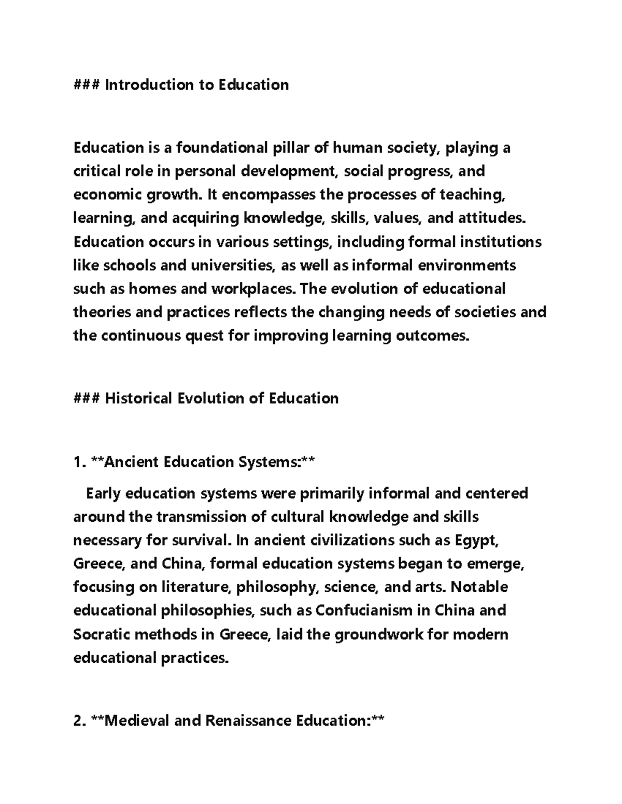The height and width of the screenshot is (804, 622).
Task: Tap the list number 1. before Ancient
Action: pyautogui.click(x=79, y=462)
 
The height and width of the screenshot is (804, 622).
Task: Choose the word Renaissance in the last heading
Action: pyautogui.click(x=248, y=721)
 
